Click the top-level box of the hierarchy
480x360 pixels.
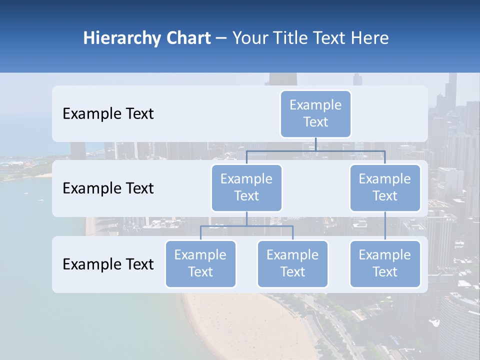(x=315, y=114)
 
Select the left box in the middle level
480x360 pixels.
(x=246, y=188)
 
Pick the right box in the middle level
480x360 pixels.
(x=385, y=188)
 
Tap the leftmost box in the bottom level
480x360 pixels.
(x=200, y=264)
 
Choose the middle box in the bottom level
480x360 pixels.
(x=292, y=264)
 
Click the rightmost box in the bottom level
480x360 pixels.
(x=385, y=264)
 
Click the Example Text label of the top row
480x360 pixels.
(x=108, y=114)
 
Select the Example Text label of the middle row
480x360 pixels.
(x=108, y=188)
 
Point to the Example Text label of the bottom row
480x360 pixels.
(x=108, y=264)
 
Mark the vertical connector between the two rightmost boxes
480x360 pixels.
(x=385, y=226)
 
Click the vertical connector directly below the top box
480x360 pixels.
(x=315, y=144)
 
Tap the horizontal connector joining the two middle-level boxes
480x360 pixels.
(x=315, y=150)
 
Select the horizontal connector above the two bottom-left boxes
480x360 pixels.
(x=246, y=226)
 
